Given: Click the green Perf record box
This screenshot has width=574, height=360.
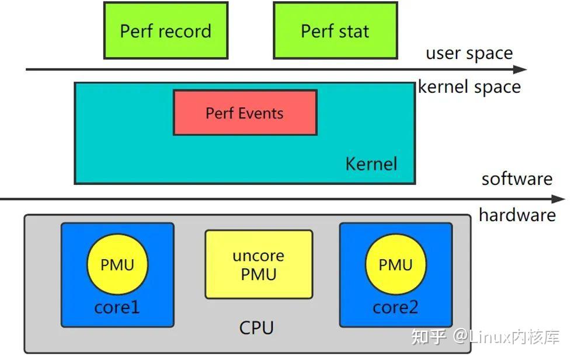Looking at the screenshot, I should (x=165, y=30).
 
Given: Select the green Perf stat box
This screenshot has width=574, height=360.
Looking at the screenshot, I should (x=335, y=30).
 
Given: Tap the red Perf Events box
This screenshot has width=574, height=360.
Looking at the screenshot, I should (x=245, y=113).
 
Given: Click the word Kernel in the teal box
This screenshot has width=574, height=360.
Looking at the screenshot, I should (x=371, y=163).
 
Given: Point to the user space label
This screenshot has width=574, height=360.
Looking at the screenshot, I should (x=469, y=54).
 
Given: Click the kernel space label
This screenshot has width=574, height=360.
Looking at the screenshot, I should (x=469, y=87).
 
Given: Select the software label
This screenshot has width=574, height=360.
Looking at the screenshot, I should (x=517, y=179).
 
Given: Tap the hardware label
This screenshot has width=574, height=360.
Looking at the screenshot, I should (x=517, y=215).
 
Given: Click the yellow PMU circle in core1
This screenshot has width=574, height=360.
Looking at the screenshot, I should (x=117, y=265).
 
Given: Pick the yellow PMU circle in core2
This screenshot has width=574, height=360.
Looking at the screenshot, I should (x=395, y=265).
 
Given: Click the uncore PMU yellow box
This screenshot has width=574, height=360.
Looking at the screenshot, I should (x=259, y=264).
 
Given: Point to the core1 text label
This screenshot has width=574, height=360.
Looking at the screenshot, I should (x=117, y=307).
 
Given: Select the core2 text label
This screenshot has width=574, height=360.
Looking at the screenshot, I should (x=395, y=307).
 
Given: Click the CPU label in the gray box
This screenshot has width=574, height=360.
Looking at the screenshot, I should (x=256, y=328).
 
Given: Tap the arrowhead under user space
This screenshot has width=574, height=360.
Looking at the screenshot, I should (x=521, y=69).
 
